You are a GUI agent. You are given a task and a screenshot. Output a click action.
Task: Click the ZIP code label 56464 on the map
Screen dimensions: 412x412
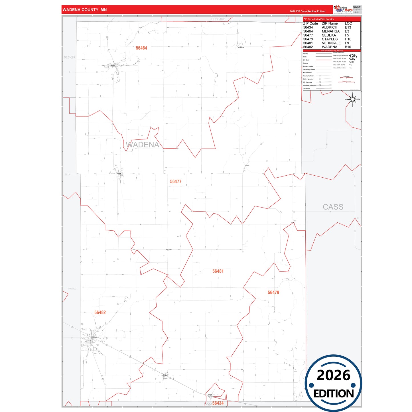(141, 48)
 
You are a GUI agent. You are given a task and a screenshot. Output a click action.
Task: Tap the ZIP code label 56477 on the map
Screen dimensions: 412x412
(176, 181)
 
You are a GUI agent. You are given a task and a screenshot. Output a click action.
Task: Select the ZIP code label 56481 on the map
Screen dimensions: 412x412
(218, 271)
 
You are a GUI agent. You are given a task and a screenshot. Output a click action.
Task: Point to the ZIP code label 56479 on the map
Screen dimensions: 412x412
(273, 293)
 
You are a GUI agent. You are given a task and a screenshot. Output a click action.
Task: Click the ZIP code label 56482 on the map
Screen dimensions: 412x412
(100, 312)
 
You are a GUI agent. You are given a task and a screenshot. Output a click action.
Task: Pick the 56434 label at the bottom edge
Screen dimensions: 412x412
(218, 403)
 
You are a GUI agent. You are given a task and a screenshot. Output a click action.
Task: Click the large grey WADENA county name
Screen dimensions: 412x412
(143, 145)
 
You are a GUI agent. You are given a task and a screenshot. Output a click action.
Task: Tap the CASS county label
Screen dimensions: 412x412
(333, 207)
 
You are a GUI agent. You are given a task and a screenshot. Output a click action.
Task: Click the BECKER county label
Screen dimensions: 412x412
(70, 57)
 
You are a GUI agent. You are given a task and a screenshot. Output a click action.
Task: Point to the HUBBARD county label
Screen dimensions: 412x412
(218, 19)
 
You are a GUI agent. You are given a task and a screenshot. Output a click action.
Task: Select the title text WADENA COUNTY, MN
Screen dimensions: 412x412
(85, 10)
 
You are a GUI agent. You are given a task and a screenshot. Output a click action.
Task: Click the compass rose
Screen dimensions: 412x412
(353, 100)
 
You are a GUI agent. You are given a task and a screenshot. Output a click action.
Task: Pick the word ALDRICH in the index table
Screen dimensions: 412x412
(329, 27)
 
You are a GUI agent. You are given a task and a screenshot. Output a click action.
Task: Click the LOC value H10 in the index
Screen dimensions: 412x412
(348, 39)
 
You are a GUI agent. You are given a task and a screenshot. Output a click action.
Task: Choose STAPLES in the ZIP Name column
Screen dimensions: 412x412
(330, 39)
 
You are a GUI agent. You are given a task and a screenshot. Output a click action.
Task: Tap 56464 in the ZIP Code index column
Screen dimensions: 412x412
(308, 31)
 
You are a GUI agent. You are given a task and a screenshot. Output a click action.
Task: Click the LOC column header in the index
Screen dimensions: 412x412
(348, 23)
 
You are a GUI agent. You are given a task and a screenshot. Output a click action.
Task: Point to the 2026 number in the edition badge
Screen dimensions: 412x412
(333, 375)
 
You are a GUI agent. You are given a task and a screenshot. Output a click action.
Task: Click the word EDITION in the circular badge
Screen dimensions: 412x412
(334, 394)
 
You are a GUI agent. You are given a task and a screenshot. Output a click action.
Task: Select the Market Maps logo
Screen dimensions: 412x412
(343, 9)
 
